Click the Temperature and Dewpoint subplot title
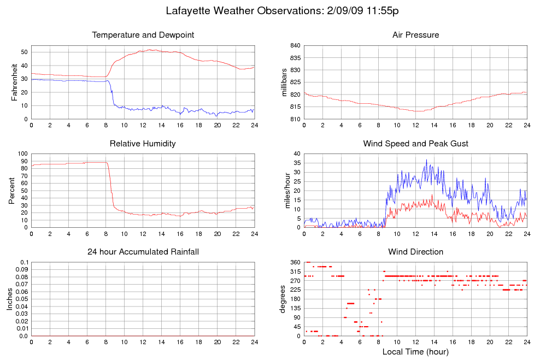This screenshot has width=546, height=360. [143, 35]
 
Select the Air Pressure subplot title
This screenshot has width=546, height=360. [415, 35]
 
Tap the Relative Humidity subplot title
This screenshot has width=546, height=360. [143, 144]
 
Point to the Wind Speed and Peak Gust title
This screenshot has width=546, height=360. [415, 144]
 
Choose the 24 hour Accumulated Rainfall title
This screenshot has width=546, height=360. [143, 252]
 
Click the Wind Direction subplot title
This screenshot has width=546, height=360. [415, 252]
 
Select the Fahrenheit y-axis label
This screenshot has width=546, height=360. [15, 82]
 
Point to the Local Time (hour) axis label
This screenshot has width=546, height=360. [415, 352]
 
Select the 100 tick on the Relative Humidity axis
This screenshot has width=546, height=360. [21, 154]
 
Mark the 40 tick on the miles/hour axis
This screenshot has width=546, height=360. [296, 154]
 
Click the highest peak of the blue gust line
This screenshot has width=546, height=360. [426, 160]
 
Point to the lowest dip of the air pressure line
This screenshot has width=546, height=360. [418, 111]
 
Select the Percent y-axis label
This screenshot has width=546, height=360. [11, 191]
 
